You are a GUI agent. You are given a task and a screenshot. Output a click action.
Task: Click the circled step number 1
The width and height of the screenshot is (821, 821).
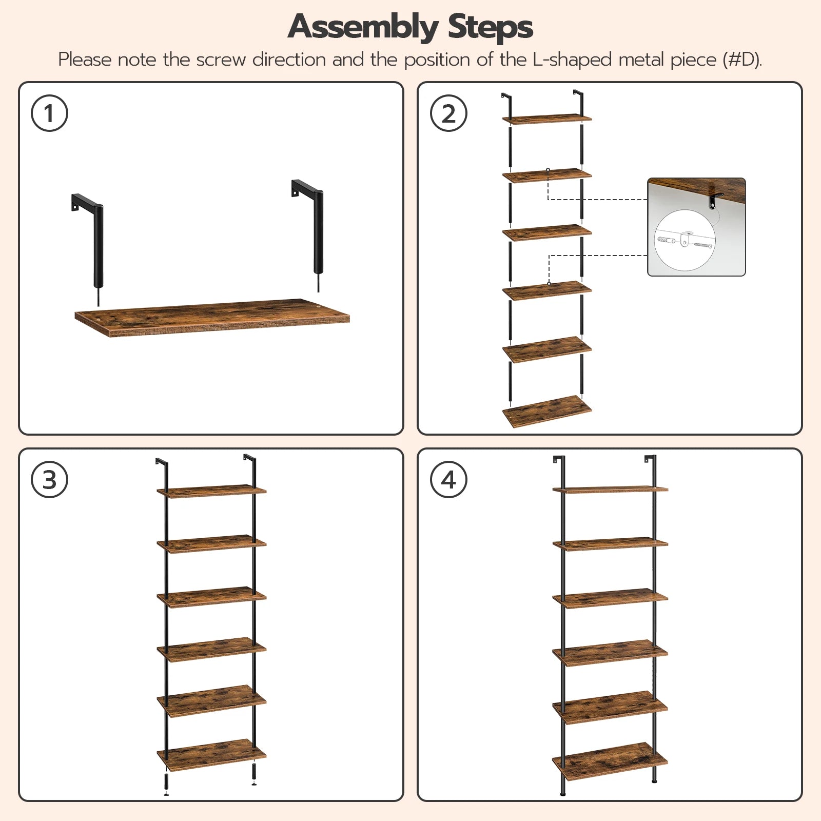click(x=49, y=113)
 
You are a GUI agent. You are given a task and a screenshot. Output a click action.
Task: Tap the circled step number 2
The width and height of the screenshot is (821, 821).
click(x=448, y=113)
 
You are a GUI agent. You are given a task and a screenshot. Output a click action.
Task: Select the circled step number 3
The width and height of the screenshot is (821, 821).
click(x=49, y=480)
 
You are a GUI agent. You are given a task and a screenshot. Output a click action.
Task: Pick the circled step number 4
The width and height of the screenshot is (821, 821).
click(x=448, y=480)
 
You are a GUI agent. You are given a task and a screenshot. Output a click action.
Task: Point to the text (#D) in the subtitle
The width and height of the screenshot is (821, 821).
click(x=741, y=60)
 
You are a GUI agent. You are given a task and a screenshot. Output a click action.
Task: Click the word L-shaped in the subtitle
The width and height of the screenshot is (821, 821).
click(x=572, y=60)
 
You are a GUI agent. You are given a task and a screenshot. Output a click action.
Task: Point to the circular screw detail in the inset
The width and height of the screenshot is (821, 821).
click(x=685, y=240)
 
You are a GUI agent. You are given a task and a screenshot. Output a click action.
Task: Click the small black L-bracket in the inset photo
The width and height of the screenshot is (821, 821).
click(x=715, y=201)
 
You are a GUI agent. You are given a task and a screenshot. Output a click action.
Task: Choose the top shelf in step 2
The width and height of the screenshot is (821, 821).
click(x=547, y=119)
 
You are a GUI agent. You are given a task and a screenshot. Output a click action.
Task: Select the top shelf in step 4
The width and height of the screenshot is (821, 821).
click(x=610, y=489)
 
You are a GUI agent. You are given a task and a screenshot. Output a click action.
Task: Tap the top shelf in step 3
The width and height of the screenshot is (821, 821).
click(x=211, y=491)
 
